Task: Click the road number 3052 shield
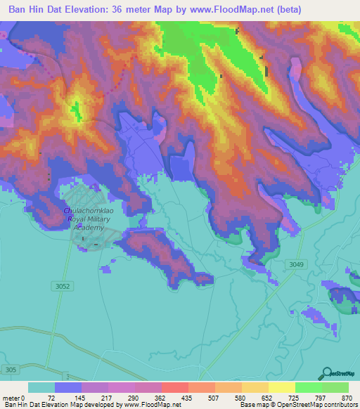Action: tap(63, 286)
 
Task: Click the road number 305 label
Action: tap(10, 370)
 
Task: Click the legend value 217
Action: tap(108, 397)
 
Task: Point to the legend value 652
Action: tap(269, 397)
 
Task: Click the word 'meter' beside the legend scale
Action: tap(13, 397)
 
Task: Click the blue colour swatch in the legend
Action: tap(68, 387)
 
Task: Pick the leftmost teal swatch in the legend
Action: tap(41, 387)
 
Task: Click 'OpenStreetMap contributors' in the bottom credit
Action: tap(317, 405)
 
